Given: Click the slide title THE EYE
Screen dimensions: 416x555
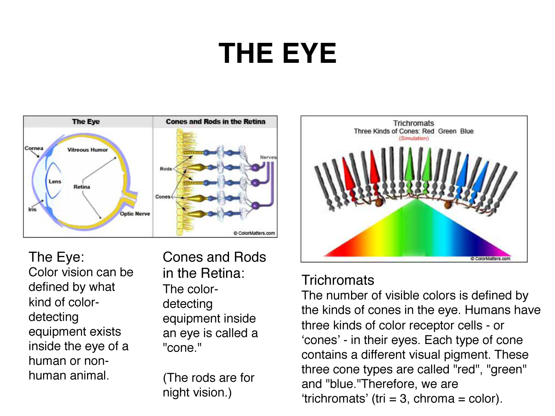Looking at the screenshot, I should (x=277, y=54).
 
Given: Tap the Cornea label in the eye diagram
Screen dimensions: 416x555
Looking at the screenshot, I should (x=34, y=148).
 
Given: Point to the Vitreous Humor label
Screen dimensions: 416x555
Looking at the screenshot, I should (x=87, y=150).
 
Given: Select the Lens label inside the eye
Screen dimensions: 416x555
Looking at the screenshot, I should (x=55, y=181).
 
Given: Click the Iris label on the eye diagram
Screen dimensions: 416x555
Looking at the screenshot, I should (x=32, y=209).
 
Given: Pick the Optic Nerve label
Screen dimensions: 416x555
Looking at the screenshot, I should (x=135, y=213).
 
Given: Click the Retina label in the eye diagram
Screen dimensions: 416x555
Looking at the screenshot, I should (x=82, y=187).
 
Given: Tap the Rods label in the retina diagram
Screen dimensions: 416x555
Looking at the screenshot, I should (x=166, y=168).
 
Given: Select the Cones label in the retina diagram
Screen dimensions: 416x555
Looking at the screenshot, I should (x=163, y=196).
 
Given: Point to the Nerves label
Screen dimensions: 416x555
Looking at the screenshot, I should (x=268, y=157).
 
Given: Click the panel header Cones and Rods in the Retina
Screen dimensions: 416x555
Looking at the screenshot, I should (x=215, y=121).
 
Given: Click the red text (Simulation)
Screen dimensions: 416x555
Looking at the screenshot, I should (x=413, y=138).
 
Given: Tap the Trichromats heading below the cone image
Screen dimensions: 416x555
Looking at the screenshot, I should (x=338, y=280).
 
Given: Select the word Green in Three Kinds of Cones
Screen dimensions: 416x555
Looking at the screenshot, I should (x=447, y=131).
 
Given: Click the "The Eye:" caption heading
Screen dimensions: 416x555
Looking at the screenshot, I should (x=56, y=257).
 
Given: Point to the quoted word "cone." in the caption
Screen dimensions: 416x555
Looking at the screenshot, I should (x=182, y=348).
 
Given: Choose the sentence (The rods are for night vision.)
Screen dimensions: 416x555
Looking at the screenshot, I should (x=208, y=385).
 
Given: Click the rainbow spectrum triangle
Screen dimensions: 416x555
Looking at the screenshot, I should (x=416, y=233).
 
